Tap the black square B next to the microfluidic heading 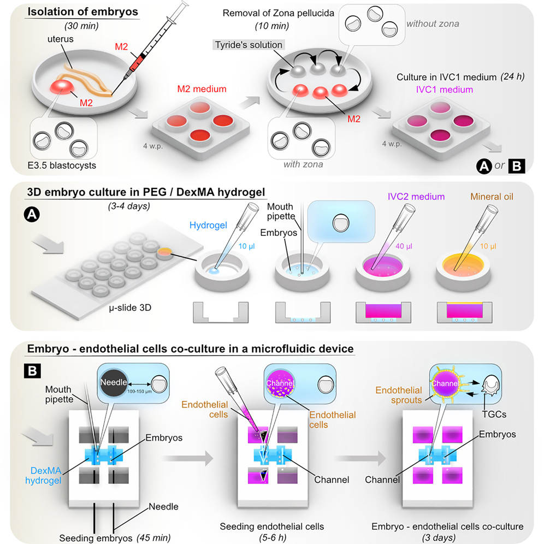(31, 371)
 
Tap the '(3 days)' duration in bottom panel (447, 536)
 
